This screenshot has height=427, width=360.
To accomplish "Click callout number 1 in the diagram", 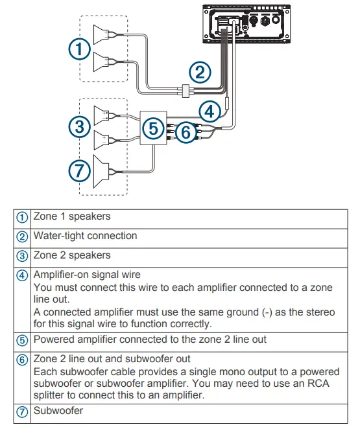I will [x=78, y=49].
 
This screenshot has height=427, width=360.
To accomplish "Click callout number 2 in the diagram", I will [x=200, y=71].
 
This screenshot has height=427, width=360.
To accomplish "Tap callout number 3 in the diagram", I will [x=78, y=127].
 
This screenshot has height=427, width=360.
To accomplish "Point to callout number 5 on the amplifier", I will [x=153, y=128].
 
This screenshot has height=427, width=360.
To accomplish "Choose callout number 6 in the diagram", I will [x=185, y=133].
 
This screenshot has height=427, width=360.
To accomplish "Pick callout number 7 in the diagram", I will [x=78, y=171].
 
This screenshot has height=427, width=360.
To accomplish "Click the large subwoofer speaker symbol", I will [x=104, y=170].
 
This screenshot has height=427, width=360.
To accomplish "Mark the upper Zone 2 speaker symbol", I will [x=103, y=116].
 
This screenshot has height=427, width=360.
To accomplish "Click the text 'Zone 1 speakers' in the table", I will [x=72, y=217].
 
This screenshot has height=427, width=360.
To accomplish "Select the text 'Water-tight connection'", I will [x=85, y=236].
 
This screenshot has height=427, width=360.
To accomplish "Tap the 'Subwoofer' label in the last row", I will [x=58, y=410].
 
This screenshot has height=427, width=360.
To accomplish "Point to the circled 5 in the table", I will [x=23, y=339].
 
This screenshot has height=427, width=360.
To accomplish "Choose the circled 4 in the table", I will [x=23, y=275].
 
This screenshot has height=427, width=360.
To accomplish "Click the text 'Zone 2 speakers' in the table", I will [x=72, y=255].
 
